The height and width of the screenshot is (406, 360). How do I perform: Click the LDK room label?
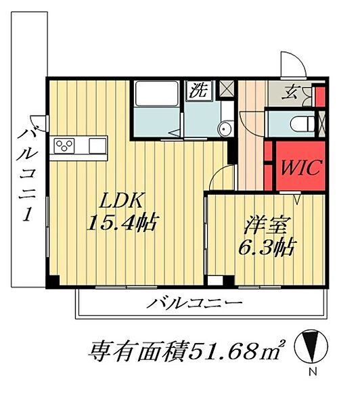(x=122, y=201)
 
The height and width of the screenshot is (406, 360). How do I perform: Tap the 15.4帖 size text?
(x=122, y=223)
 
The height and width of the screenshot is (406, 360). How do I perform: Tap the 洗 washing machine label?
(x=201, y=89)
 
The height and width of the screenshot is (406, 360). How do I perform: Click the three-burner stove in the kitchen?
(x=66, y=145)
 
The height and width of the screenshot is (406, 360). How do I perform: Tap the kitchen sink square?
(x=97, y=144)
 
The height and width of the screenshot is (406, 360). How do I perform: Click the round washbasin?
(x=225, y=129)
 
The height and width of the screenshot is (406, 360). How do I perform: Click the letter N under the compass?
(x=312, y=373)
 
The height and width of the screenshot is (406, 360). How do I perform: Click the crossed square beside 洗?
(x=227, y=87)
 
